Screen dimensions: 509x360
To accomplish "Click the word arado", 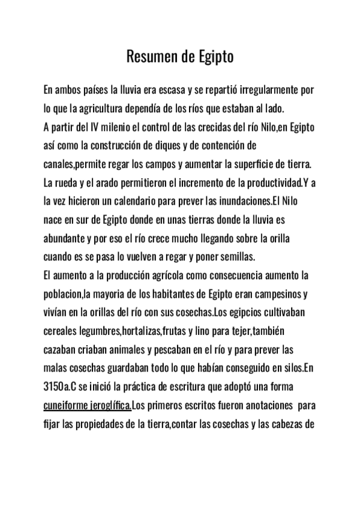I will pos(104,182).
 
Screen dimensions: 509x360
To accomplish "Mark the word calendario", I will pos(148,200).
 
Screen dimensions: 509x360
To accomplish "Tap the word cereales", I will pos(62,331).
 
